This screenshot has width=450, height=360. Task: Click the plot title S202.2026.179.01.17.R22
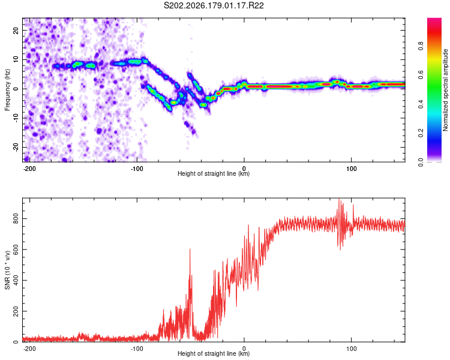214,5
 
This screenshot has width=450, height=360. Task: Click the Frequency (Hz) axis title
7,90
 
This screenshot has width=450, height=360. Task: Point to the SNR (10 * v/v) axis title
7,270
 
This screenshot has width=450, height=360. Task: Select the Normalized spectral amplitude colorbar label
445,90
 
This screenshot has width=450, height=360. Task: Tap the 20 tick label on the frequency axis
16,30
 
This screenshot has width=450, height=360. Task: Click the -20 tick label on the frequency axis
16,147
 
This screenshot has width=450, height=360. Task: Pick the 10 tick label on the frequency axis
16,59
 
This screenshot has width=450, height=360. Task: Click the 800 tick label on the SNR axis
16,219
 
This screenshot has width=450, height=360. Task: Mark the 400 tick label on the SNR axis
16,280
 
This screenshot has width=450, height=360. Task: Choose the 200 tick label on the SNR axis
16,311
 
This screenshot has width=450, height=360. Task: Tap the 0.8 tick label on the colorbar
421,46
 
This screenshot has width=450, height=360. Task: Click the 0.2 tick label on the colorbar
421,133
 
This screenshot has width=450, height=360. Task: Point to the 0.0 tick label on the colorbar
421,162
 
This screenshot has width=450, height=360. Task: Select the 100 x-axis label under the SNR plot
351,349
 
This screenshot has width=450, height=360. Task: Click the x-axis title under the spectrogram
214,173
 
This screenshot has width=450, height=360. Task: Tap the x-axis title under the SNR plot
214,353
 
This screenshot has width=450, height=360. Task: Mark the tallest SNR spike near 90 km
339,199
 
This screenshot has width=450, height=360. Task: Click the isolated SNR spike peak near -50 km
190,249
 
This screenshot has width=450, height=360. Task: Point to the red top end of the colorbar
434,20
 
